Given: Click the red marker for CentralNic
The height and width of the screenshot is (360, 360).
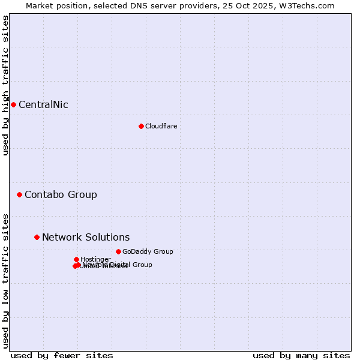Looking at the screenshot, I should point(13,105).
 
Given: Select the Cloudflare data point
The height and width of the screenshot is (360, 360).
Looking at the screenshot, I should point(141,126).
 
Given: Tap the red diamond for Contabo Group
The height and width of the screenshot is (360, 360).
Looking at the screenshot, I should point(19,194).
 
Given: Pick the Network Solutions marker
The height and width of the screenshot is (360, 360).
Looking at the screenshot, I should point(37,237).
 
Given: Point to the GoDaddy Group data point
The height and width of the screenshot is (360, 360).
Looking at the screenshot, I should point(118,251).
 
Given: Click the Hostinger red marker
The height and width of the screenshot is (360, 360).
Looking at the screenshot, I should point(76,259).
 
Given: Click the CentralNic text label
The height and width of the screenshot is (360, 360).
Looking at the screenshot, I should point(43,105).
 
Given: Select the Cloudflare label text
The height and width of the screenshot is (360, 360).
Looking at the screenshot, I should point(161,126).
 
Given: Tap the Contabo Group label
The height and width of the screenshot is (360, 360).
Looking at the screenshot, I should point(61,194).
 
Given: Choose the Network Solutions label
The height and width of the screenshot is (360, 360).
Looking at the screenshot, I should point(86,237).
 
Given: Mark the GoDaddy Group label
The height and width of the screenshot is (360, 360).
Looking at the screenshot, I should point(148,251).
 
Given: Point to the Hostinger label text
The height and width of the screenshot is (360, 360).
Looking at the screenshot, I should point(95,259).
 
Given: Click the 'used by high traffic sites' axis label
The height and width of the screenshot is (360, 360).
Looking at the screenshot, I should point(5,85).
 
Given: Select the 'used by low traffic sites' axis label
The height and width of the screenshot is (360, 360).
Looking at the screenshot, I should point(5,280).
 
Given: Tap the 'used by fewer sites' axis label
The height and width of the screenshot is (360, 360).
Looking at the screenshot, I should point(62,355).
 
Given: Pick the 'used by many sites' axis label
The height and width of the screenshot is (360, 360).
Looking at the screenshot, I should point(301,355).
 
